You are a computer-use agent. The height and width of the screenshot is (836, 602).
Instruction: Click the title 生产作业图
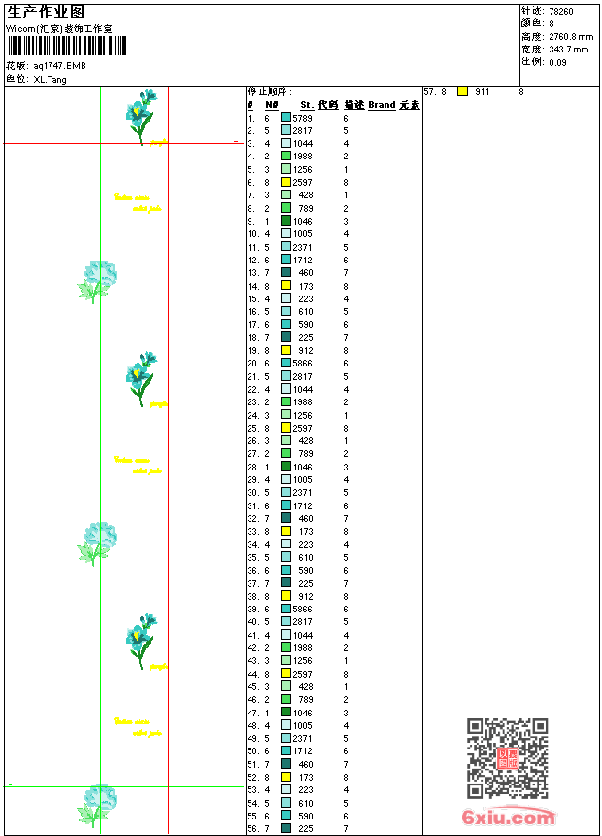click(x=46, y=12)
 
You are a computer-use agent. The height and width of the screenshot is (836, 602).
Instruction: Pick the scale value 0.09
click(x=557, y=61)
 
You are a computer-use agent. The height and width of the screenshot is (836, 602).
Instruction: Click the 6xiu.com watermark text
click(x=509, y=818)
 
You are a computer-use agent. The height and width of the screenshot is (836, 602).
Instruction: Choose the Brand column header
click(x=382, y=105)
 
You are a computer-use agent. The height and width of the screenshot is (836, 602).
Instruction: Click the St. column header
click(x=307, y=105)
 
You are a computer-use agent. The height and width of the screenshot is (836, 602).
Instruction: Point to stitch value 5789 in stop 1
click(x=302, y=118)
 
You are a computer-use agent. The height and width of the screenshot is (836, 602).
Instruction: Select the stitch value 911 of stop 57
click(x=483, y=91)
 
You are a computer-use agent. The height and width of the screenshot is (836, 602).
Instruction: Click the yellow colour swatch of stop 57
click(x=462, y=91)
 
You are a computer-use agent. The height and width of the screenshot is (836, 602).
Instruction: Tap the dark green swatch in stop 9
click(x=286, y=221)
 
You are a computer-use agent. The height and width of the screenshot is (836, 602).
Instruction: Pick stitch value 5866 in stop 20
click(x=302, y=363)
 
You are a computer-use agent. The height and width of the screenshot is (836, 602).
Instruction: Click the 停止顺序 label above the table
click(x=269, y=91)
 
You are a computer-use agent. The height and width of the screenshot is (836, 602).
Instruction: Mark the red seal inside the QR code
click(x=508, y=758)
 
